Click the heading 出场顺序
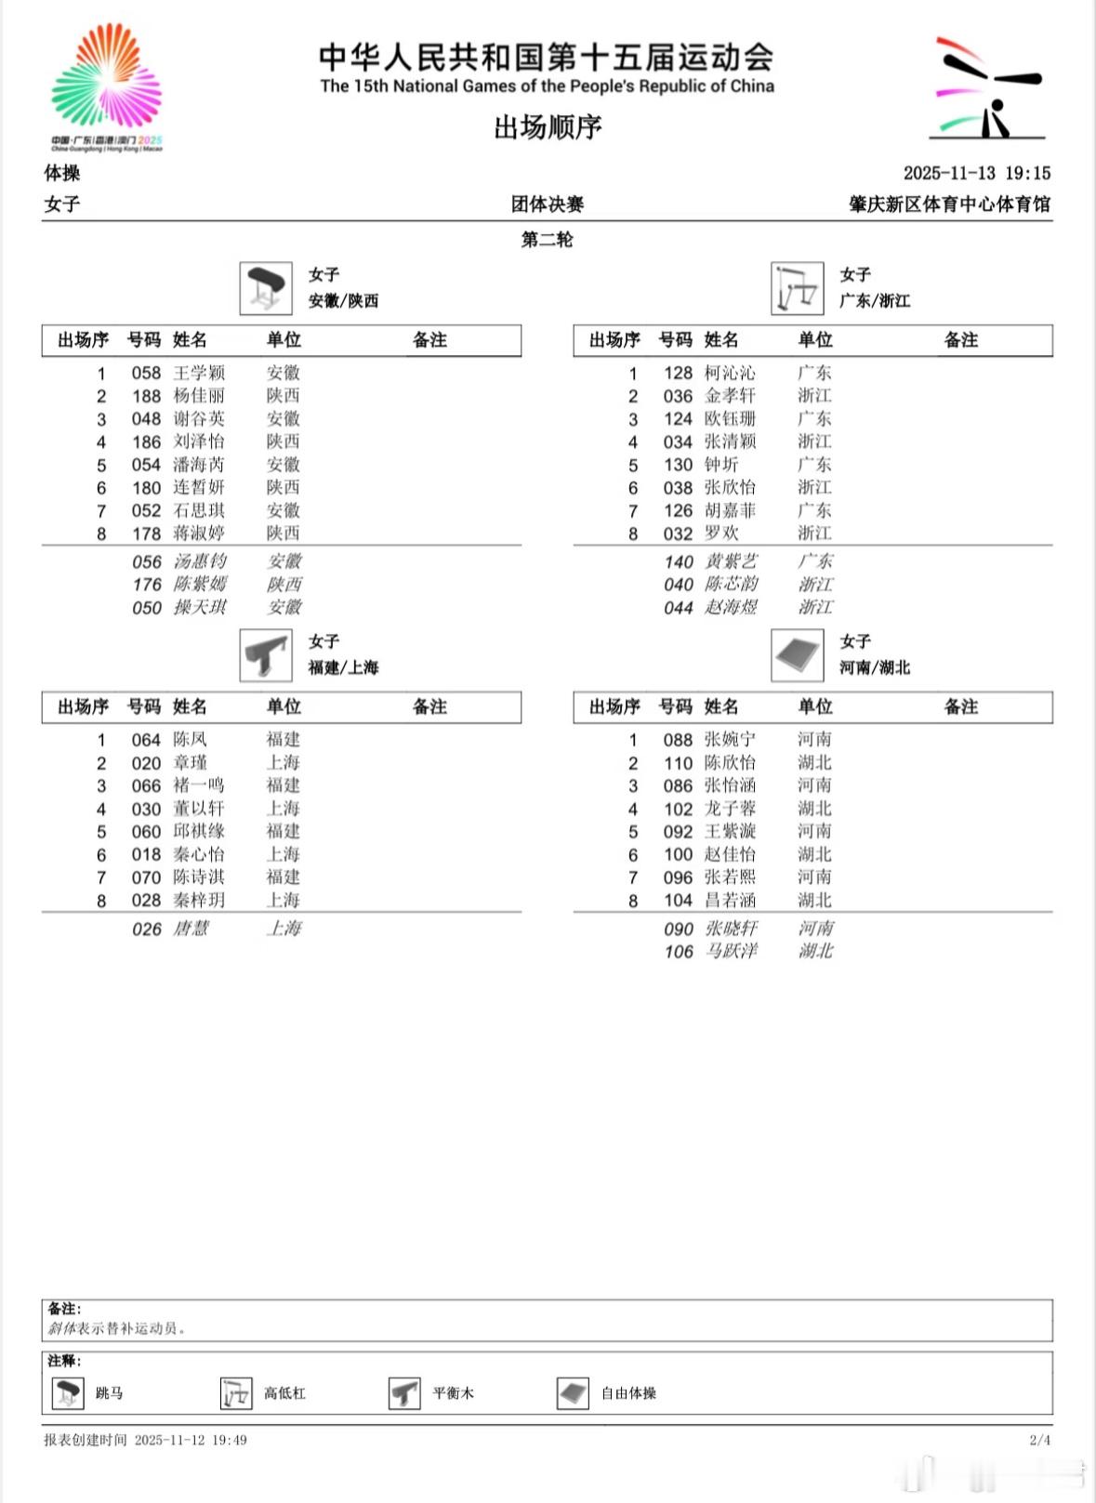548,126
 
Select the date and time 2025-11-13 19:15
976,173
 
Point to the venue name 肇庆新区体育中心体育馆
949,204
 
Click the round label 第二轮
547,239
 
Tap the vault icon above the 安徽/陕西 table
266,287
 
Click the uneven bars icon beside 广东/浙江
797,287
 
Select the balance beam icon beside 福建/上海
266,654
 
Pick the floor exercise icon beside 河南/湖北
797,654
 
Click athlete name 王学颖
199,373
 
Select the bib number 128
678,373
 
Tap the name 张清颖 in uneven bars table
730,442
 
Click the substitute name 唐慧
191,929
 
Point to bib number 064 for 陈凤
146,740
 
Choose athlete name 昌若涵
730,900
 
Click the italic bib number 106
679,951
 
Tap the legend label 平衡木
453,1392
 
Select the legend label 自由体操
628,1392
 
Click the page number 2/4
1039,1440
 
